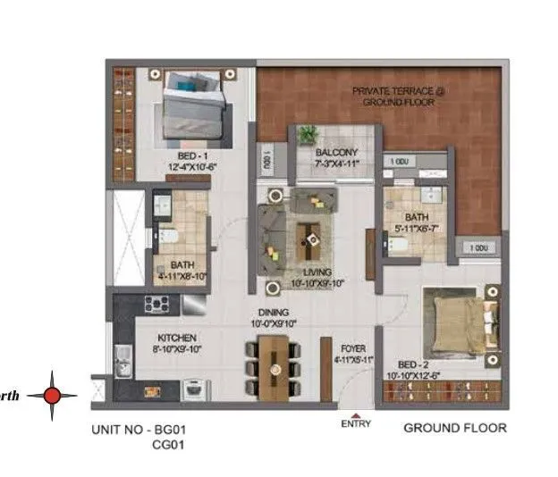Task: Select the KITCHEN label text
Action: (x=177, y=339)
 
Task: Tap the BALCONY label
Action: (x=335, y=153)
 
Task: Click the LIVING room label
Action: (x=318, y=272)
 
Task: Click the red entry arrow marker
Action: (x=357, y=414)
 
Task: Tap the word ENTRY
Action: (x=357, y=426)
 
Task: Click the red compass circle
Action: (x=53, y=395)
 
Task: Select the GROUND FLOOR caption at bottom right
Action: (x=454, y=428)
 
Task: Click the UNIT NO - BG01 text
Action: (x=139, y=430)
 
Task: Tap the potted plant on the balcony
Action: (x=309, y=135)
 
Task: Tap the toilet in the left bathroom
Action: (x=167, y=237)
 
